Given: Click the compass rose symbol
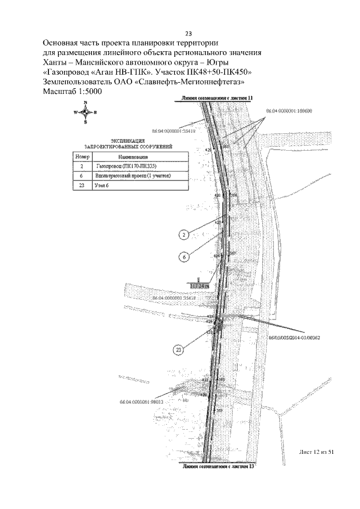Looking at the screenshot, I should point(85,112).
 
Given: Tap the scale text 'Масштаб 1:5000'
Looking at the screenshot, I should point(72,92).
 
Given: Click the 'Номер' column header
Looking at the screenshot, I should point(82,156).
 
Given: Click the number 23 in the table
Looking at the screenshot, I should point(82,186).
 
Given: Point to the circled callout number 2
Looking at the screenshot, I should point(183,235).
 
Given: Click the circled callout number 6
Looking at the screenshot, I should point(183,257).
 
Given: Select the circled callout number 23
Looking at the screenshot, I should point(178,350).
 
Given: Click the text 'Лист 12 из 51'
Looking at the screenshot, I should point(318,453).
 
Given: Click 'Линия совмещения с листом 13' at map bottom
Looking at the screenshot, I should point(214,466).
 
